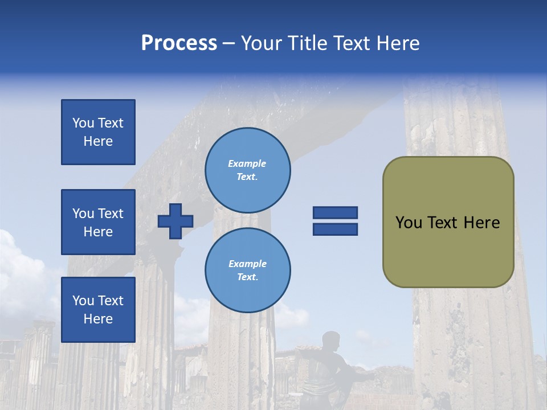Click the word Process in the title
[x=179, y=43]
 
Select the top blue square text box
[x=98, y=132]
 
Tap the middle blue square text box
[x=98, y=222]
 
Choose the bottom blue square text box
[x=98, y=309]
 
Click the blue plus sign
[x=175, y=221]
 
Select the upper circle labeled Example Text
[x=247, y=170]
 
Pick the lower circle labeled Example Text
[x=247, y=270]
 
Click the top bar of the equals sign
[x=335, y=213]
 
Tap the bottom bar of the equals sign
[x=335, y=229]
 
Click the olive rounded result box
[x=448, y=222]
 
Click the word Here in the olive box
[x=481, y=223]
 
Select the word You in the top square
[x=83, y=123]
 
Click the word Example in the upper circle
[x=247, y=163]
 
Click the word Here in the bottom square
[x=98, y=319]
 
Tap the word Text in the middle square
[x=111, y=214]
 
